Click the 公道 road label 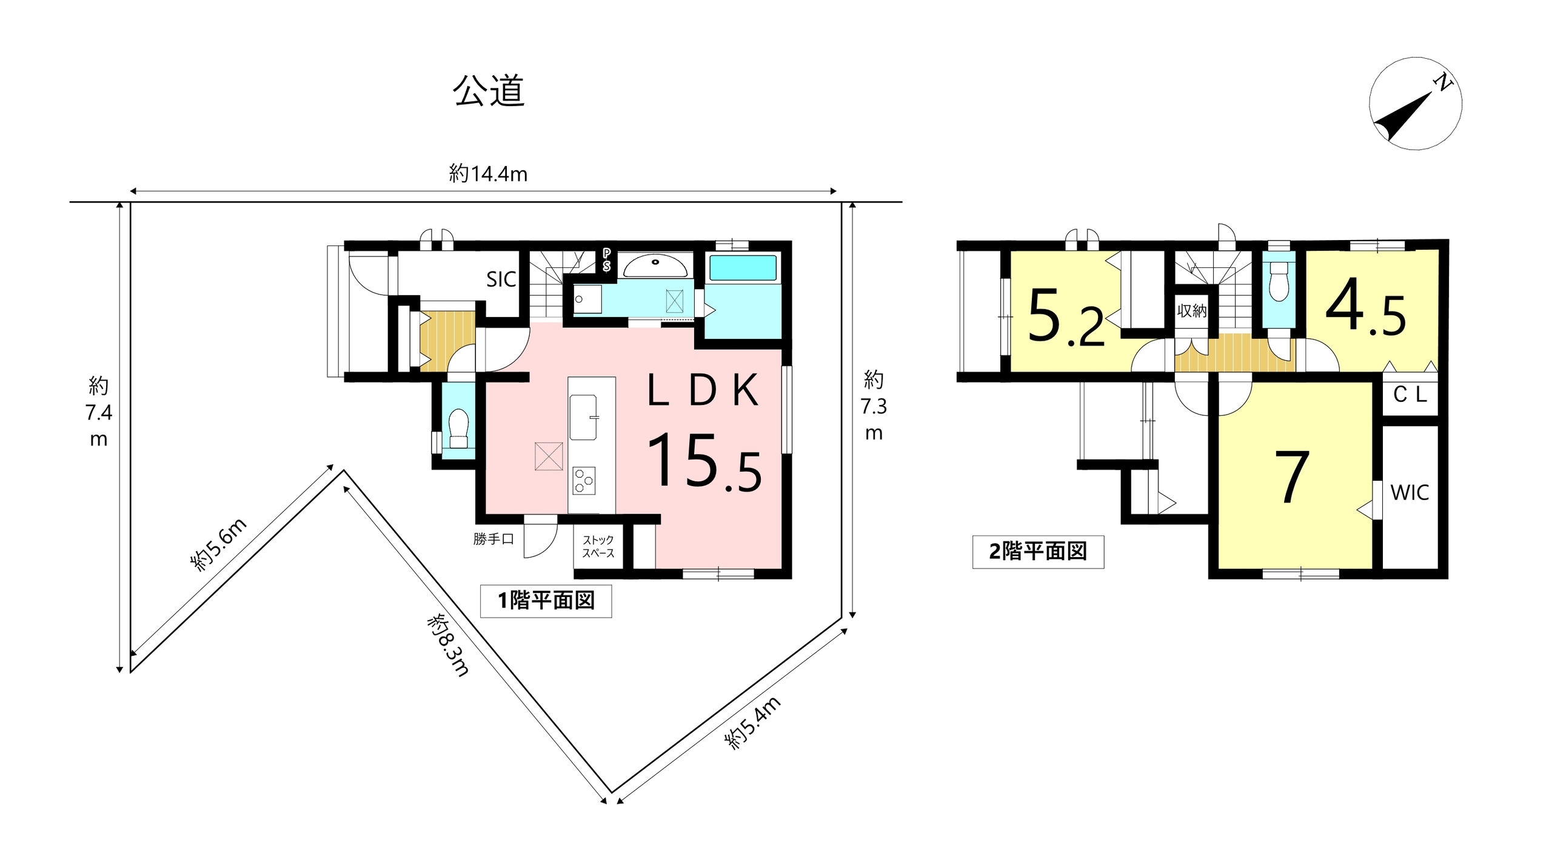pyautogui.click(x=489, y=92)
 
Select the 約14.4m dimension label pyautogui.click(x=488, y=174)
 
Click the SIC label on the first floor pyautogui.click(x=501, y=279)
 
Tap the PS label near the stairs pyautogui.click(x=606, y=260)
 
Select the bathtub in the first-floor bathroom pyautogui.click(x=743, y=267)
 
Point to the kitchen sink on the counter pyautogui.click(x=583, y=417)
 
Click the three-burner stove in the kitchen pyautogui.click(x=584, y=481)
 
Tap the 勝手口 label pyautogui.click(x=493, y=538)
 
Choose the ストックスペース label pyautogui.click(x=598, y=546)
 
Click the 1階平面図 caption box pyautogui.click(x=546, y=601)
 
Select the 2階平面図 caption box pyautogui.click(x=1038, y=552)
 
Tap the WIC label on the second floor pyautogui.click(x=1410, y=493)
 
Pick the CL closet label pyautogui.click(x=1410, y=395)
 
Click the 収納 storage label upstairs pyautogui.click(x=1191, y=311)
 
